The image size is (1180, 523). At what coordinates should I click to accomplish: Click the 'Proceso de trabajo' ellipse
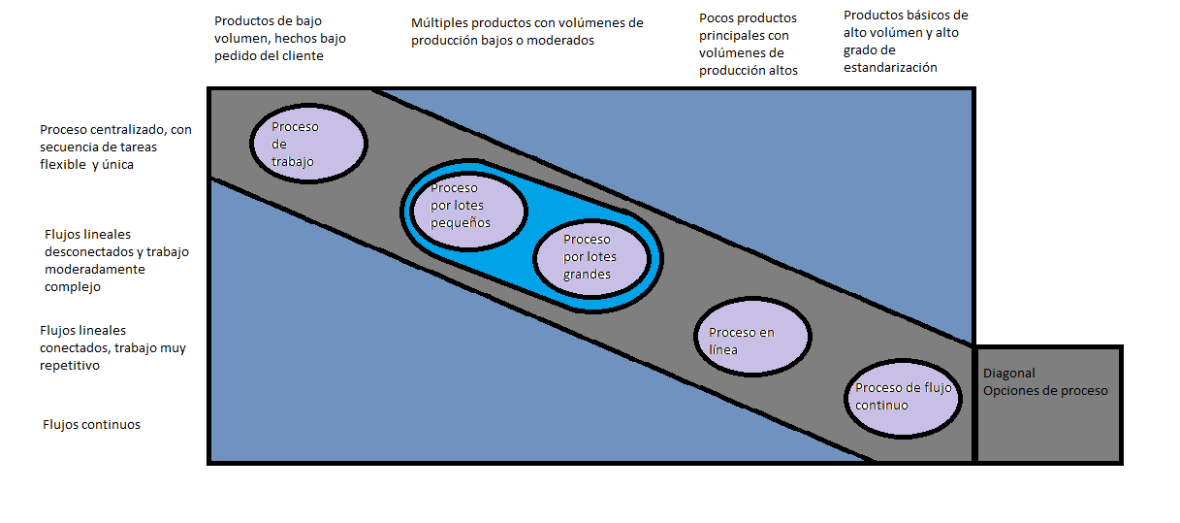coord(308,144)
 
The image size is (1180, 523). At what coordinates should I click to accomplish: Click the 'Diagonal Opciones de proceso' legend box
coord(1048,404)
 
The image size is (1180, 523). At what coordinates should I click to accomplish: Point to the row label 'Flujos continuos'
coord(92,425)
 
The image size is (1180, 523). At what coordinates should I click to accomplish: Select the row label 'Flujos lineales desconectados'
coord(116,260)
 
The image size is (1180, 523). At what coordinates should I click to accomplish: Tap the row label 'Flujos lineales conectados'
coord(112,348)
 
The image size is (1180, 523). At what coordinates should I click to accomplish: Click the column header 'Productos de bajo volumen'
coord(279,38)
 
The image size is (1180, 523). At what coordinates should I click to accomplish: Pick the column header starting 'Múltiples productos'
coord(526,32)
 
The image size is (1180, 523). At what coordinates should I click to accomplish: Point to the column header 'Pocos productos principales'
coord(749,45)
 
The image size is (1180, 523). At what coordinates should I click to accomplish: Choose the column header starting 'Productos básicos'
coord(906,42)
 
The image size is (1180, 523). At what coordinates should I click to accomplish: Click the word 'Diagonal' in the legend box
coord(1009,374)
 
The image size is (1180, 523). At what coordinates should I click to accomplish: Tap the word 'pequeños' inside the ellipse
coord(461,223)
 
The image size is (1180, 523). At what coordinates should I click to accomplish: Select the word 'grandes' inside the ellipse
coord(588,275)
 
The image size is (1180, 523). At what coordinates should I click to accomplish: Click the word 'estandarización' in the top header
coord(890,68)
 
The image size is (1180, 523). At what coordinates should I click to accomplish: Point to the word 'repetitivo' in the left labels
coord(70,366)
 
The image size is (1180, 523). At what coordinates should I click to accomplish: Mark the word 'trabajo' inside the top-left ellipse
coord(293,162)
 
